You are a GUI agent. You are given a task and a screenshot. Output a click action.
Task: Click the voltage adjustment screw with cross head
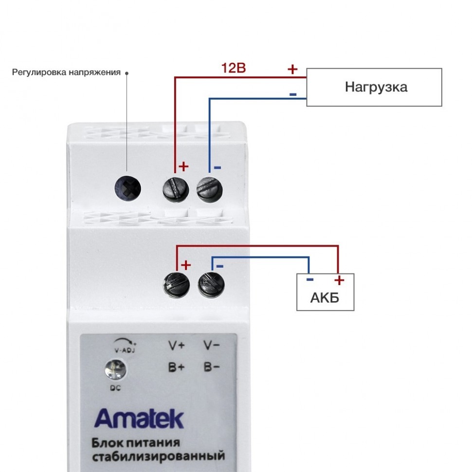click(x=127, y=189)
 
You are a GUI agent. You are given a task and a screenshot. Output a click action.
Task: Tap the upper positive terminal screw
click(x=176, y=189)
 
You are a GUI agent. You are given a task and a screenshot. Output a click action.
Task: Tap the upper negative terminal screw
click(x=210, y=189)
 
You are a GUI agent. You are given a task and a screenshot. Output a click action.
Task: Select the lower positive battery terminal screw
click(x=177, y=285)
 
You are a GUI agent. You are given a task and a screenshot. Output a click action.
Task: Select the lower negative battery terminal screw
click(x=211, y=285)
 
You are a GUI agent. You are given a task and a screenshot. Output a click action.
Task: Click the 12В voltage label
click(x=234, y=68)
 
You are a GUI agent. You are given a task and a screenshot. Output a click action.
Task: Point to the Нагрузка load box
click(x=374, y=87)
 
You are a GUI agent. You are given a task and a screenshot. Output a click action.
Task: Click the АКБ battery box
click(x=326, y=292)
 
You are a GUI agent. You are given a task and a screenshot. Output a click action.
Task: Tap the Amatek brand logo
click(x=139, y=418)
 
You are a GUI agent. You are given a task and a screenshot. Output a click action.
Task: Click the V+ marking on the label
click(x=177, y=345)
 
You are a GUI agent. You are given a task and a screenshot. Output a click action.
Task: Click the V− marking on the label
click(x=212, y=345)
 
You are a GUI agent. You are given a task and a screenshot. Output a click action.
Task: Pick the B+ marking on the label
click(x=177, y=367)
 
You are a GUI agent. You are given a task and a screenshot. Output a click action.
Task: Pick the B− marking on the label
click(x=212, y=367)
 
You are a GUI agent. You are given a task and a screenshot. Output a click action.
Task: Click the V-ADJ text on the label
click(x=125, y=350)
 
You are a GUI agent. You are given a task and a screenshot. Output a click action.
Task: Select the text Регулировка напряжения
click(x=66, y=73)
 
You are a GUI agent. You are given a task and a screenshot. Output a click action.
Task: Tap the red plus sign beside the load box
click(x=292, y=69)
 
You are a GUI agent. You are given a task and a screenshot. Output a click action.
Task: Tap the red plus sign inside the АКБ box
click(x=339, y=280)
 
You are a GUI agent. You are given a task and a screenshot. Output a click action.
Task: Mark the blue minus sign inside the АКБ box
click(x=310, y=280)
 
